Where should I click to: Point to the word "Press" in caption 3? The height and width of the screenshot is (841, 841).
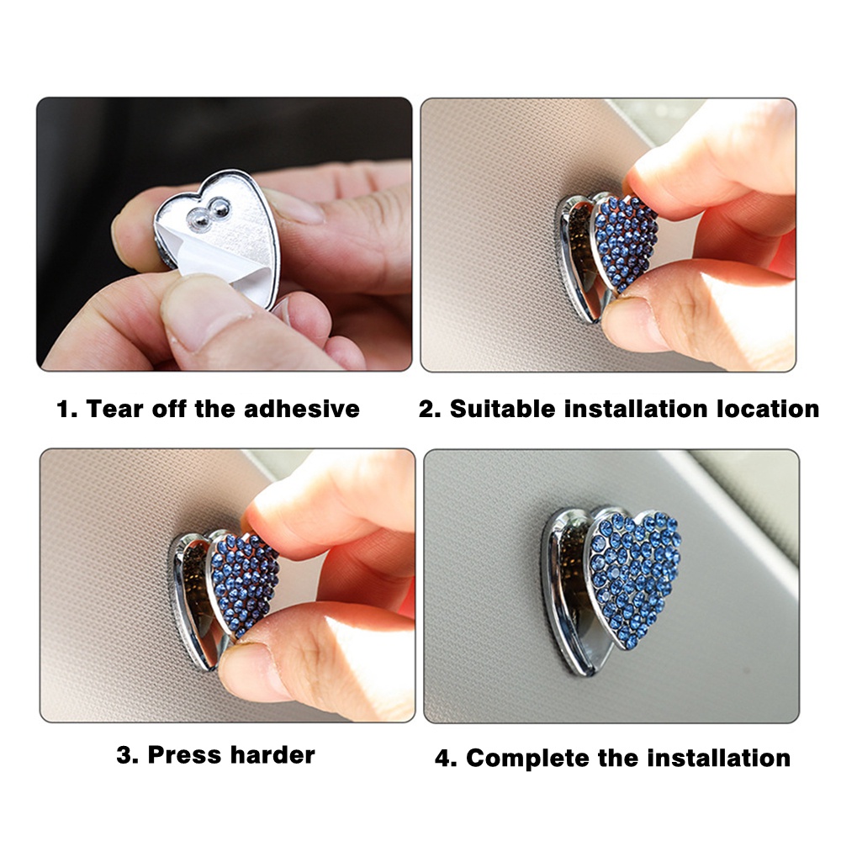pos(184,754)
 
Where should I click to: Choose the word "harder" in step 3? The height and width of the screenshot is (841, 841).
pos(272,754)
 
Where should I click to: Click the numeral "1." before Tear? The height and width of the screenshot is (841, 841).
pos(67,410)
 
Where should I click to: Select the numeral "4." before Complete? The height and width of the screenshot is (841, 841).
pos(446,759)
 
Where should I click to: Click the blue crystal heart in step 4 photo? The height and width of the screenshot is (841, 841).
pos(633,574)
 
